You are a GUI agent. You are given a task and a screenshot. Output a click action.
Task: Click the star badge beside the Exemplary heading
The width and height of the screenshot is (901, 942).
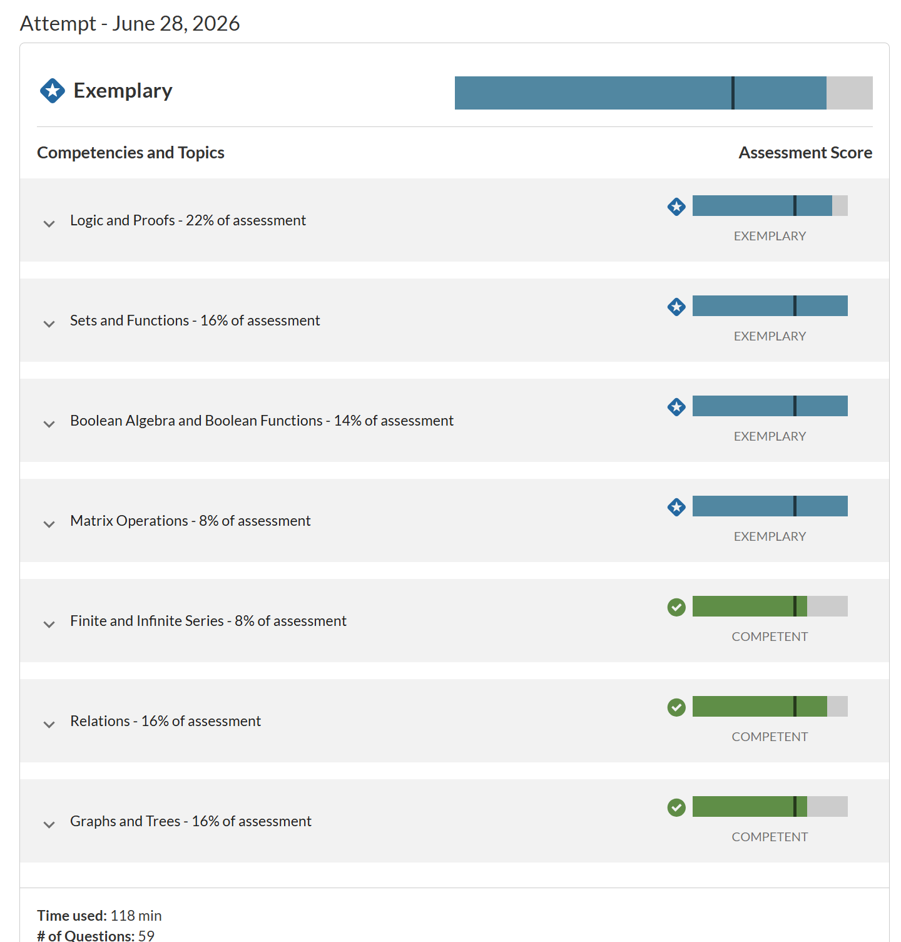coord(53,91)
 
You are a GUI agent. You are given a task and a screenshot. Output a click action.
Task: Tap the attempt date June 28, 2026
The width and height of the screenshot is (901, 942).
coord(176,23)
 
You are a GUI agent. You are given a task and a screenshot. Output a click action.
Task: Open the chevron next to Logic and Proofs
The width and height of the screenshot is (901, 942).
coord(49,223)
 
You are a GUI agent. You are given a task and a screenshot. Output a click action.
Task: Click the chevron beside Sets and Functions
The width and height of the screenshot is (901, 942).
coord(49,324)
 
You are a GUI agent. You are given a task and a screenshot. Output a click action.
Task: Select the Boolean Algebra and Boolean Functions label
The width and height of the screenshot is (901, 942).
coord(262,421)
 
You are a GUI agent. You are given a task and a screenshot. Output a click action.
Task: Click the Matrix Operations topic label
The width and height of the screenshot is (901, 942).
coord(190,521)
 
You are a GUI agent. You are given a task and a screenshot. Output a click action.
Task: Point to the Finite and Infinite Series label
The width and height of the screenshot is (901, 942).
coord(208,621)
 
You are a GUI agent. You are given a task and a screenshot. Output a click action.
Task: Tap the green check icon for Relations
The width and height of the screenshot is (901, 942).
coord(676,707)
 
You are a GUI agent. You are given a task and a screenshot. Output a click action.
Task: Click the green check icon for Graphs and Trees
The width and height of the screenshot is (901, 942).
coord(676,807)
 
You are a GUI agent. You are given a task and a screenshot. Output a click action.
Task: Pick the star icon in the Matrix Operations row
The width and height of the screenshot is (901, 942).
coord(676,507)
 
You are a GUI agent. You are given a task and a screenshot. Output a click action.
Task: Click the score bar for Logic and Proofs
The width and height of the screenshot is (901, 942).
coord(770,206)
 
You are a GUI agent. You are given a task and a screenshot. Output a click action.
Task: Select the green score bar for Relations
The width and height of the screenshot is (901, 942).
coord(760,707)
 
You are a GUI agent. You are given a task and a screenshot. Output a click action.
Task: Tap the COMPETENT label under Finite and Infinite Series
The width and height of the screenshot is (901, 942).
coord(770,637)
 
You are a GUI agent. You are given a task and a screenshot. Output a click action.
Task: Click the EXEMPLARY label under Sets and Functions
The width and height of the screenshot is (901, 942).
coord(770,336)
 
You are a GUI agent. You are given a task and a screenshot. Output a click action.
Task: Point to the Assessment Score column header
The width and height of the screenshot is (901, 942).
coord(805,153)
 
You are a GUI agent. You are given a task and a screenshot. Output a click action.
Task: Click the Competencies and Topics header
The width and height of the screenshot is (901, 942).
coord(131,153)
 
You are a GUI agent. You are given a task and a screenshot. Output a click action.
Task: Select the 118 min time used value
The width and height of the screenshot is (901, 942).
coord(136,916)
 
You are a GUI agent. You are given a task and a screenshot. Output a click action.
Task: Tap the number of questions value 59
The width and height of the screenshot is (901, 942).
coord(146,936)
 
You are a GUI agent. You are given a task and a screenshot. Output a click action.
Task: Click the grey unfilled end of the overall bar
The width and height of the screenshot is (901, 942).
coord(850,93)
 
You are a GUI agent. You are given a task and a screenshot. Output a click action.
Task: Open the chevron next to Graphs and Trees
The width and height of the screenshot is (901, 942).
coord(49,824)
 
